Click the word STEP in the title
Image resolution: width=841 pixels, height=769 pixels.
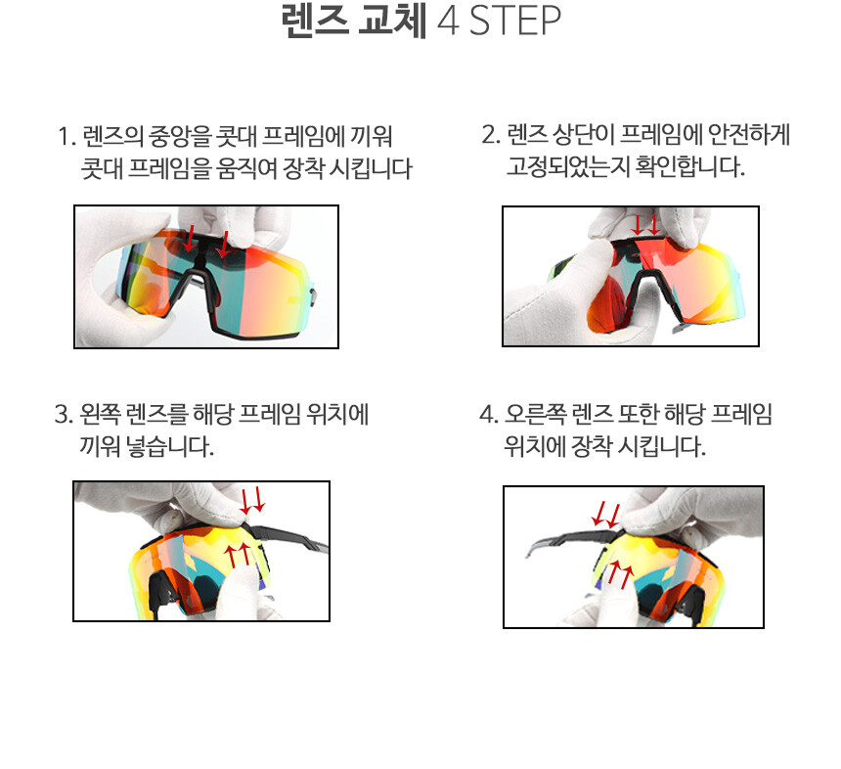pyautogui.click(x=515, y=21)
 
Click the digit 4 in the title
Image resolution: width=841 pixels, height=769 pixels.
pyautogui.click(x=449, y=21)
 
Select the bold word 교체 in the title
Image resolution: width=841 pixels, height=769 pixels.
pyautogui.click(x=392, y=21)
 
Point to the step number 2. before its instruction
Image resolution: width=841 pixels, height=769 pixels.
pyautogui.click(x=491, y=134)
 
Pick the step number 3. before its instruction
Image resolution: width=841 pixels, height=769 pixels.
pyautogui.click(x=64, y=414)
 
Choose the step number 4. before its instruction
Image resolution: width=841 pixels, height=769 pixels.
pyautogui.click(x=489, y=414)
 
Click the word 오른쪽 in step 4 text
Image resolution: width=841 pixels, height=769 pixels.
pyautogui.click(x=535, y=414)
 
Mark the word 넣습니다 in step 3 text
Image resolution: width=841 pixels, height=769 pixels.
pyautogui.click(x=169, y=446)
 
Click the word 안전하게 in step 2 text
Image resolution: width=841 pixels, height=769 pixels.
pyautogui.click(x=749, y=134)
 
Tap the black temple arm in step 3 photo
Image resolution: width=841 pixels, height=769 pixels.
pyautogui.click(x=289, y=538)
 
